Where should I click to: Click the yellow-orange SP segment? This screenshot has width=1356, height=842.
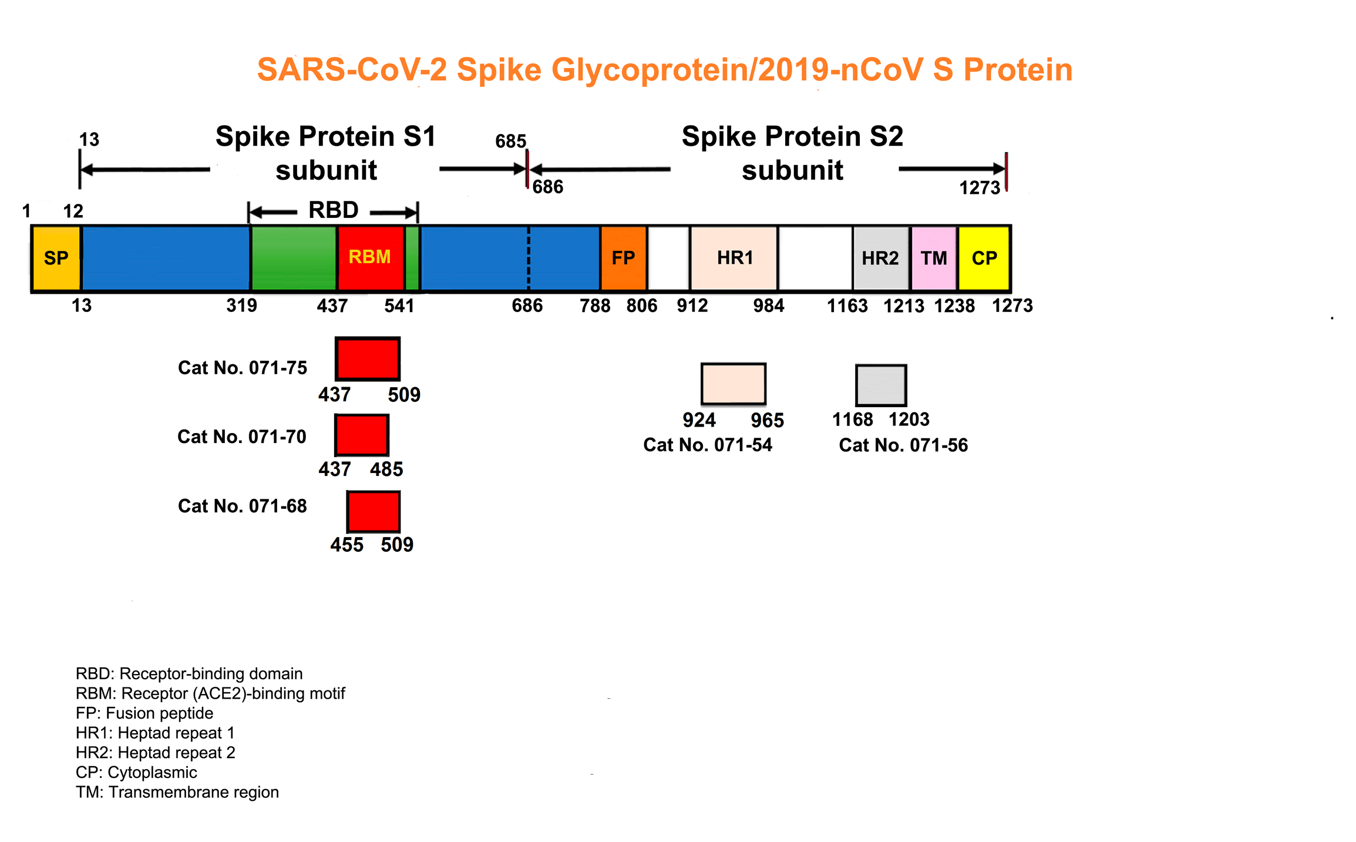(56, 258)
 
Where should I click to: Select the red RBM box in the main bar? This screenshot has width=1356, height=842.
(371, 258)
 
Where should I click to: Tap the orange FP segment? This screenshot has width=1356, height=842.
(623, 258)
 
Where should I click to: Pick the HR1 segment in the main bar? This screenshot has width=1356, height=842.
(734, 258)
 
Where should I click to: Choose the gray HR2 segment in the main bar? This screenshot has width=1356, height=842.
(881, 258)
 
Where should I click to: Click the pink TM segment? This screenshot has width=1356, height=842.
(934, 258)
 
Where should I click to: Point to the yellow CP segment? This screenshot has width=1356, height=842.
(984, 258)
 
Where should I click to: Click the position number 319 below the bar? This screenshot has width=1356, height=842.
(241, 306)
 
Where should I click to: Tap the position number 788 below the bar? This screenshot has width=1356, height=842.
(595, 306)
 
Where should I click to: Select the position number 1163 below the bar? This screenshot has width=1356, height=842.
(847, 306)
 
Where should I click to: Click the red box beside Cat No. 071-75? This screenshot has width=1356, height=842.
(368, 359)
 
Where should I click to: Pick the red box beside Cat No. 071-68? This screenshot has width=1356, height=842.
(374, 512)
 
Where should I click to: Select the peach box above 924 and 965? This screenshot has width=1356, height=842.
(733, 384)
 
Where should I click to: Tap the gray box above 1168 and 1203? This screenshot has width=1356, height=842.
(881, 385)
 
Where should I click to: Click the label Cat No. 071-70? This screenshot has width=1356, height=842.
(242, 437)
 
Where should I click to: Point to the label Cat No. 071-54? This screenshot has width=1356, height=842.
(708, 445)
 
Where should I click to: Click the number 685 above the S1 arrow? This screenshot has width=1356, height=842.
(510, 141)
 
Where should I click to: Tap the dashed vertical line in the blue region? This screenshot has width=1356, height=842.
(529, 258)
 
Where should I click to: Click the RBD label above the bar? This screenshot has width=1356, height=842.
(334, 210)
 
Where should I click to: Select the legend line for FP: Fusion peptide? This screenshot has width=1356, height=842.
(144, 713)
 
